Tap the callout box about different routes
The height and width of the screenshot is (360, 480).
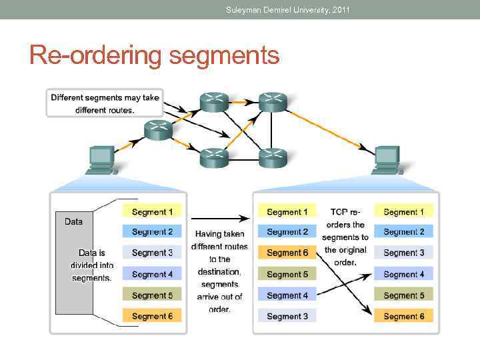coord(104,103)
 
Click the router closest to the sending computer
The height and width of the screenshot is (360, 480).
coord(158,130)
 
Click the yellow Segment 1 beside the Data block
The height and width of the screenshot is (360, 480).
coord(152,212)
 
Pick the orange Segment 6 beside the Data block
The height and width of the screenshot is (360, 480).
coord(152,316)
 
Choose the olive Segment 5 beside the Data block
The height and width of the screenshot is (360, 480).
coord(152,295)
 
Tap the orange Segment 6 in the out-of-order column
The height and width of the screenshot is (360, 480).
coord(287,253)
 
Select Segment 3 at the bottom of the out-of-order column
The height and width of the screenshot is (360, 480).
coord(287,316)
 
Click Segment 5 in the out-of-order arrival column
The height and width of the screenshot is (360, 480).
coord(287,274)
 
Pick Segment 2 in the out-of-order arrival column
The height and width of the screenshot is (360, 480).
coord(287,232)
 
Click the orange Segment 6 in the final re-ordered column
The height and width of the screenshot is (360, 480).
coord(403,316)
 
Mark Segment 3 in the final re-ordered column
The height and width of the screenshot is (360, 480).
coord(403,253)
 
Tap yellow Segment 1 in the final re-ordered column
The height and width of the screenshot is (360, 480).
coord(403,212)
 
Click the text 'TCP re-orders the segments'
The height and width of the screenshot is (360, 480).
coord(345,237)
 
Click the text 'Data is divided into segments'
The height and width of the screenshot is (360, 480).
coord(92,265)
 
